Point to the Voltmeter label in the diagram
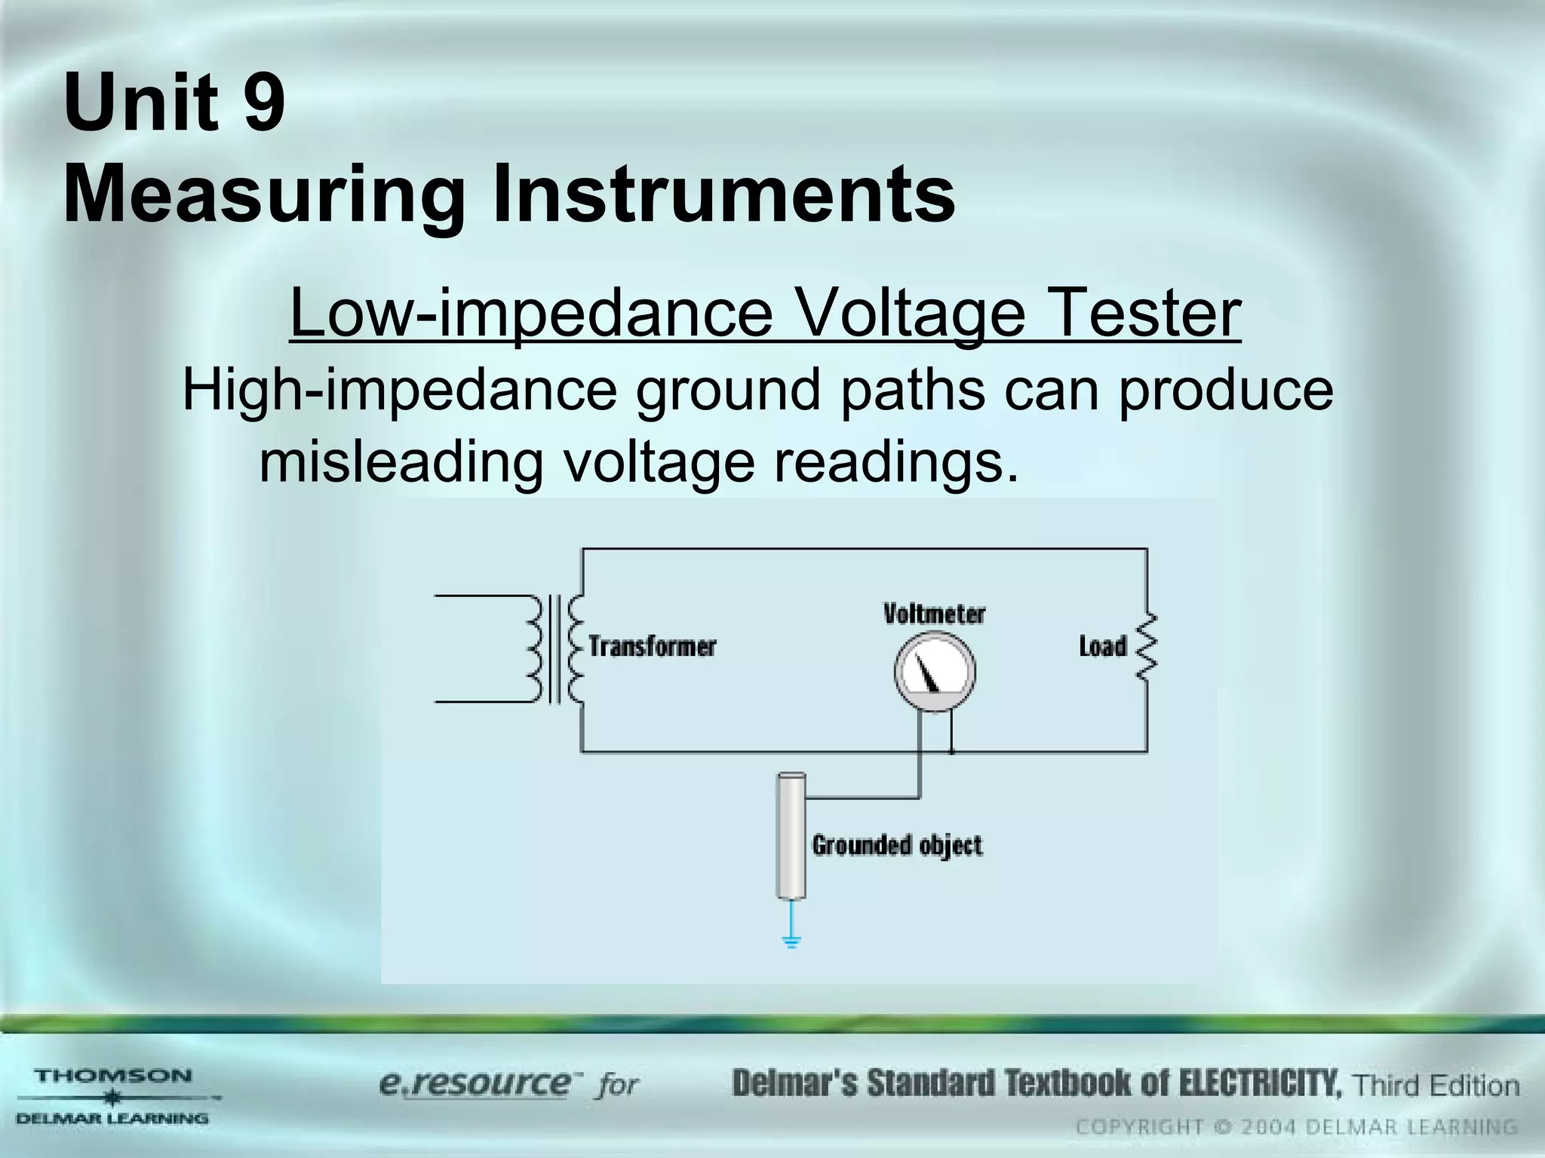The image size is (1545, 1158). point(934,614)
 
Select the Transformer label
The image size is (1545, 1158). point(652,646)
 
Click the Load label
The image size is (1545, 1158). point(1102,646)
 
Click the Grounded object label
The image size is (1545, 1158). point(897,845)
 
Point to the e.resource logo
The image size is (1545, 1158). point(475,1085)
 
